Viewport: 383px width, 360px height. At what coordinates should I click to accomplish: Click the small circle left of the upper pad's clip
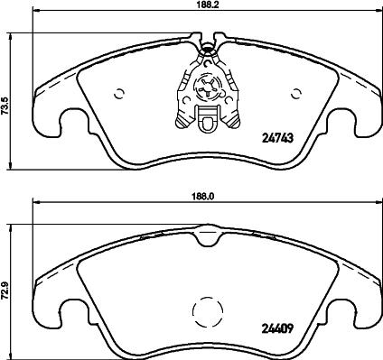point(121,93)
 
